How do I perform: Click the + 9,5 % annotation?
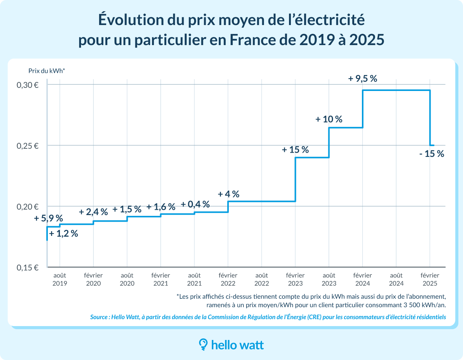pos(362,79)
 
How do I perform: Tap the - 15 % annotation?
pos(431,154)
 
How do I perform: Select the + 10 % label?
pos(329,119)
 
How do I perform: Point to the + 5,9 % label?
pos(48,219)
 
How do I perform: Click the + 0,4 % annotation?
pos(195,204)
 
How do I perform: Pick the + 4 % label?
pos(228,194)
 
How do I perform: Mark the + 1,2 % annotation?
pos(64,233)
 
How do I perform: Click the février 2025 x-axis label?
pos(429,279)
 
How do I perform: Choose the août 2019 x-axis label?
pos(60,279)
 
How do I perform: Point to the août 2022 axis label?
pos(262,279)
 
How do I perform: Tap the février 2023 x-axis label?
pos(295,279)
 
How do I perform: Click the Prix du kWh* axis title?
pos(47,71)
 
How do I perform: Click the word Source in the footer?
pos(99,317)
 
